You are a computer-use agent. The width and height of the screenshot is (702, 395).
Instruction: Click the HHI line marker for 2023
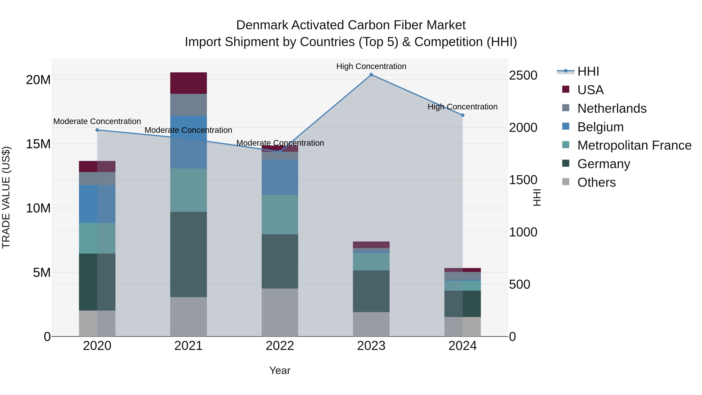(371, 75)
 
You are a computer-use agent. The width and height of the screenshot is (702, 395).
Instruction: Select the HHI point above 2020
(97, 130)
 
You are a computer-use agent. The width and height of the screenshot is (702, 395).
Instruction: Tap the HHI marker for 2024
(463, 115)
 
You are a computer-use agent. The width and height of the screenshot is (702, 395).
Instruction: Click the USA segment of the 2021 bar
(189, 83)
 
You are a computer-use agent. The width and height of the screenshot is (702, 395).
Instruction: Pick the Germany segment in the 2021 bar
(189, 254)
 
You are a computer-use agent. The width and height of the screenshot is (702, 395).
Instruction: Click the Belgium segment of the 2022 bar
(280, 177)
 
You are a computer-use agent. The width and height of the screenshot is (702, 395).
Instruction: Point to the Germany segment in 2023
(371, 291)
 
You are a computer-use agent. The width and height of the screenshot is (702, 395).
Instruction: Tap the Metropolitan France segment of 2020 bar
(97, 238)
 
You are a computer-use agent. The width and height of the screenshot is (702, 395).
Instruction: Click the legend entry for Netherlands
(612, 108)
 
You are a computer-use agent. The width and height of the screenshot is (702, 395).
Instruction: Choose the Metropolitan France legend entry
(634, 145)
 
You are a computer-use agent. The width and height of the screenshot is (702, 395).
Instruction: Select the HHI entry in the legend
(588, 71)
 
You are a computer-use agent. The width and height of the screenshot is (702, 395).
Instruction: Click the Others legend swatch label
(596, 182)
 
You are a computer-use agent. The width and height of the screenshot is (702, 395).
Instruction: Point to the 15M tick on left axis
(38, 144)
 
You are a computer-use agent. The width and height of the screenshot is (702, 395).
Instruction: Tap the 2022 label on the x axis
(280, 346)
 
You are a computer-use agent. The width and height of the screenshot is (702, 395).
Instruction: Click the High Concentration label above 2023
(371, 66)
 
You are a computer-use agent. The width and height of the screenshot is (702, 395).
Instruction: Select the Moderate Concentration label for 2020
(97, 121)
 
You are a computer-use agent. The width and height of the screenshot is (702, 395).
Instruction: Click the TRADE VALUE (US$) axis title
(6, 197)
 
